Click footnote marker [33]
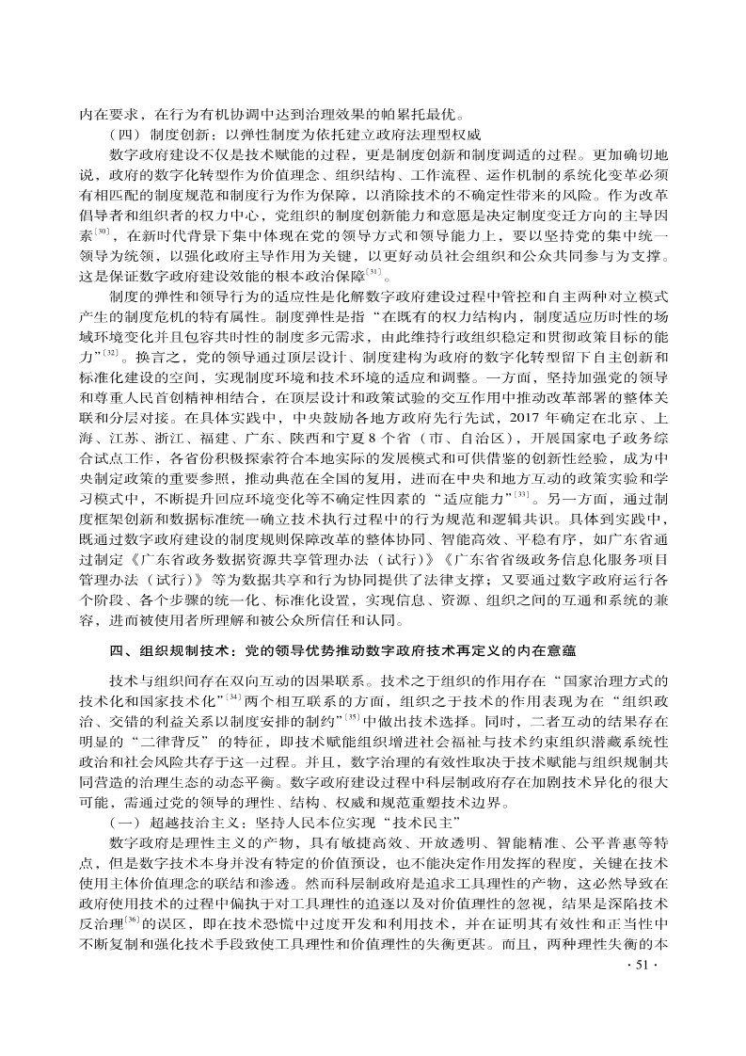pos(521,491)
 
